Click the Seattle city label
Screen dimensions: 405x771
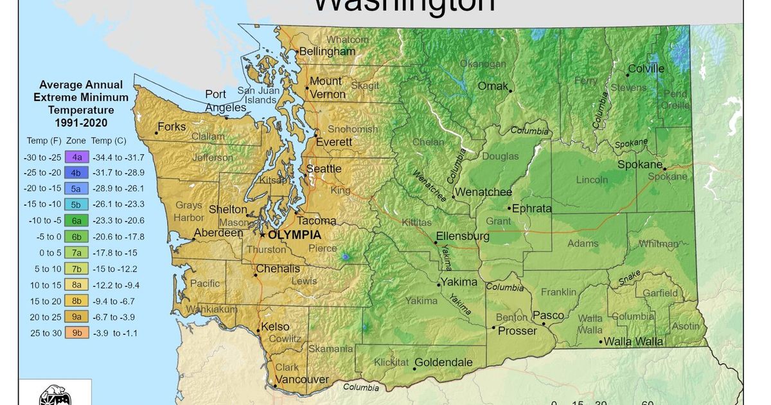pos(324,168)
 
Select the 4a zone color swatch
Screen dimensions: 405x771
pos(76,156)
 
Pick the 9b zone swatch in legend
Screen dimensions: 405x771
pos(76,333)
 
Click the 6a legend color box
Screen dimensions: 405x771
pos(76,221)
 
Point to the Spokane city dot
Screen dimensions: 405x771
pos(665,169)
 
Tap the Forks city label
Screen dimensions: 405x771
pos(172,127)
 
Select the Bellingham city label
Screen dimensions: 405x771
pos(328,51)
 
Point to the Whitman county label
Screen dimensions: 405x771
pos(659,244)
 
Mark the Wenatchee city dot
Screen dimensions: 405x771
pos(453,197)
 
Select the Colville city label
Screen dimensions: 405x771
pos(646,69)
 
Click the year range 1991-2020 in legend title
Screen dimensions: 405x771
pos(81,122)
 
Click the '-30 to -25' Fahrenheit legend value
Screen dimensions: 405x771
pos(42,156)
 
